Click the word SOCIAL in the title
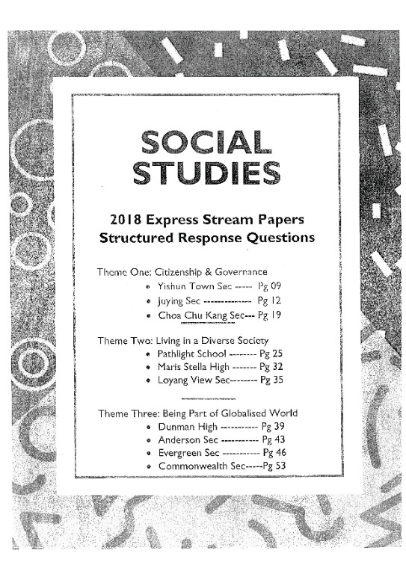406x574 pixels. point(205,141)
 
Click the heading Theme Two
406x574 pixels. point(124,340)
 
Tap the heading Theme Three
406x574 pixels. point(129,413)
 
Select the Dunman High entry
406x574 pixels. point(188,426)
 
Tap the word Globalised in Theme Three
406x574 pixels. point(244,413)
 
